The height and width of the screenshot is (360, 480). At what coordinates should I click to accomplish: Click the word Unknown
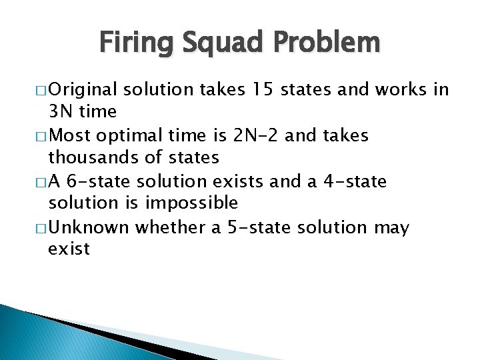(x=89, y=227)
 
